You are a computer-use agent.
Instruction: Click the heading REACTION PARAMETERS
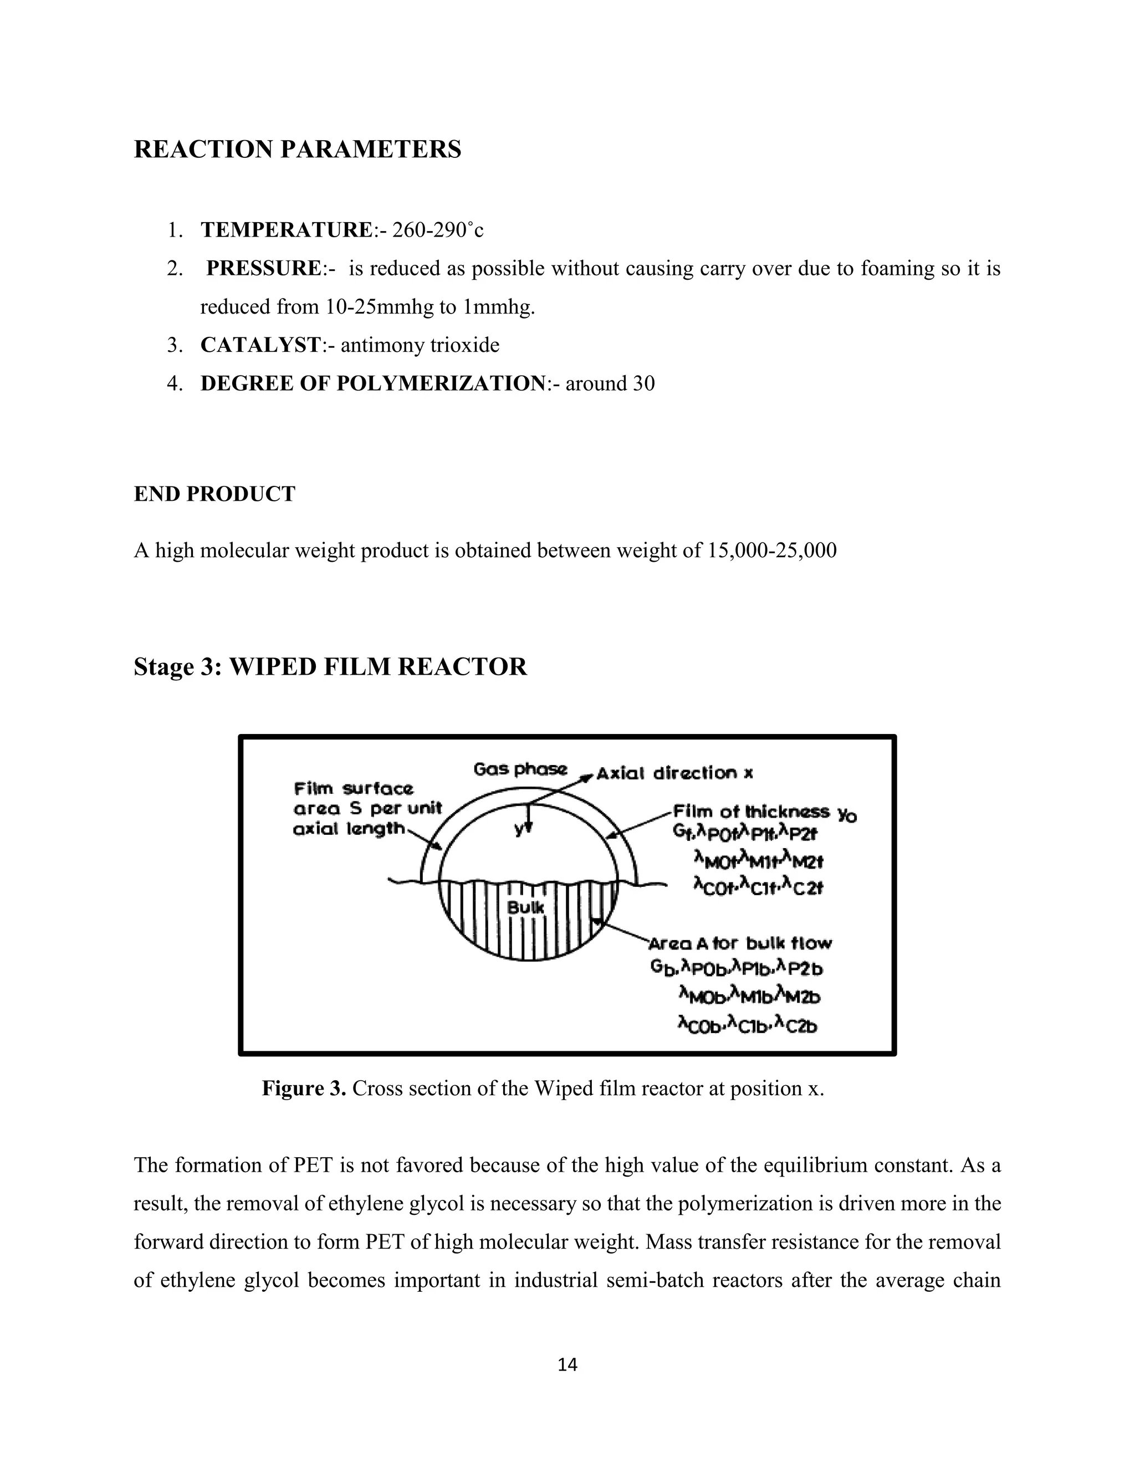pyautogui.click(x=297, y=149)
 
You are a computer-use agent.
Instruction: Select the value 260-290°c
pyautogui.click(x=438, y=230)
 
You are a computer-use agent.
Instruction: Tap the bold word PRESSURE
pyautogui.click(x=264, y=269)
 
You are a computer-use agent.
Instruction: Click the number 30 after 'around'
pyautogui.click(x=643, y=384)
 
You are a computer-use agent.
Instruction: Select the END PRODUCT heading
pyautogui.click(x=214, y=494)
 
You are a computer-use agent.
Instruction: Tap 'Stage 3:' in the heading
pyautogui.click(x=178, y=667)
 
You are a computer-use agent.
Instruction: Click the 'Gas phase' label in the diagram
pyautogui.click(x=520, y=769)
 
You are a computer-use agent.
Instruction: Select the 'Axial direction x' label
pyautogui.click(x=675, y=774)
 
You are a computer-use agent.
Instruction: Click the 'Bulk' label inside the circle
pyautogui.click(x=526, y=907)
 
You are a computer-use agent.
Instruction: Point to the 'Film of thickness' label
pyautogui.click(x=751, y=812)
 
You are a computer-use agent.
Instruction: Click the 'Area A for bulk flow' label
pyautogui.click(x=740, y=944)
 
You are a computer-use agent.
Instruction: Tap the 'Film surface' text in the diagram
pyautogui.click(x=354, y=788)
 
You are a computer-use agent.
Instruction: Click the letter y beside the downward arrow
pyautogui.click(x=518, y=829)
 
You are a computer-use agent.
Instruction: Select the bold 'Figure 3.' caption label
pyautogui.click(x=304, y=1088)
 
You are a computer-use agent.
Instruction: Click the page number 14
pyautogui.click(x=567, y=1364)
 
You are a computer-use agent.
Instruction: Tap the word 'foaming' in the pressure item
pyautogui.click(x=898, y=269)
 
